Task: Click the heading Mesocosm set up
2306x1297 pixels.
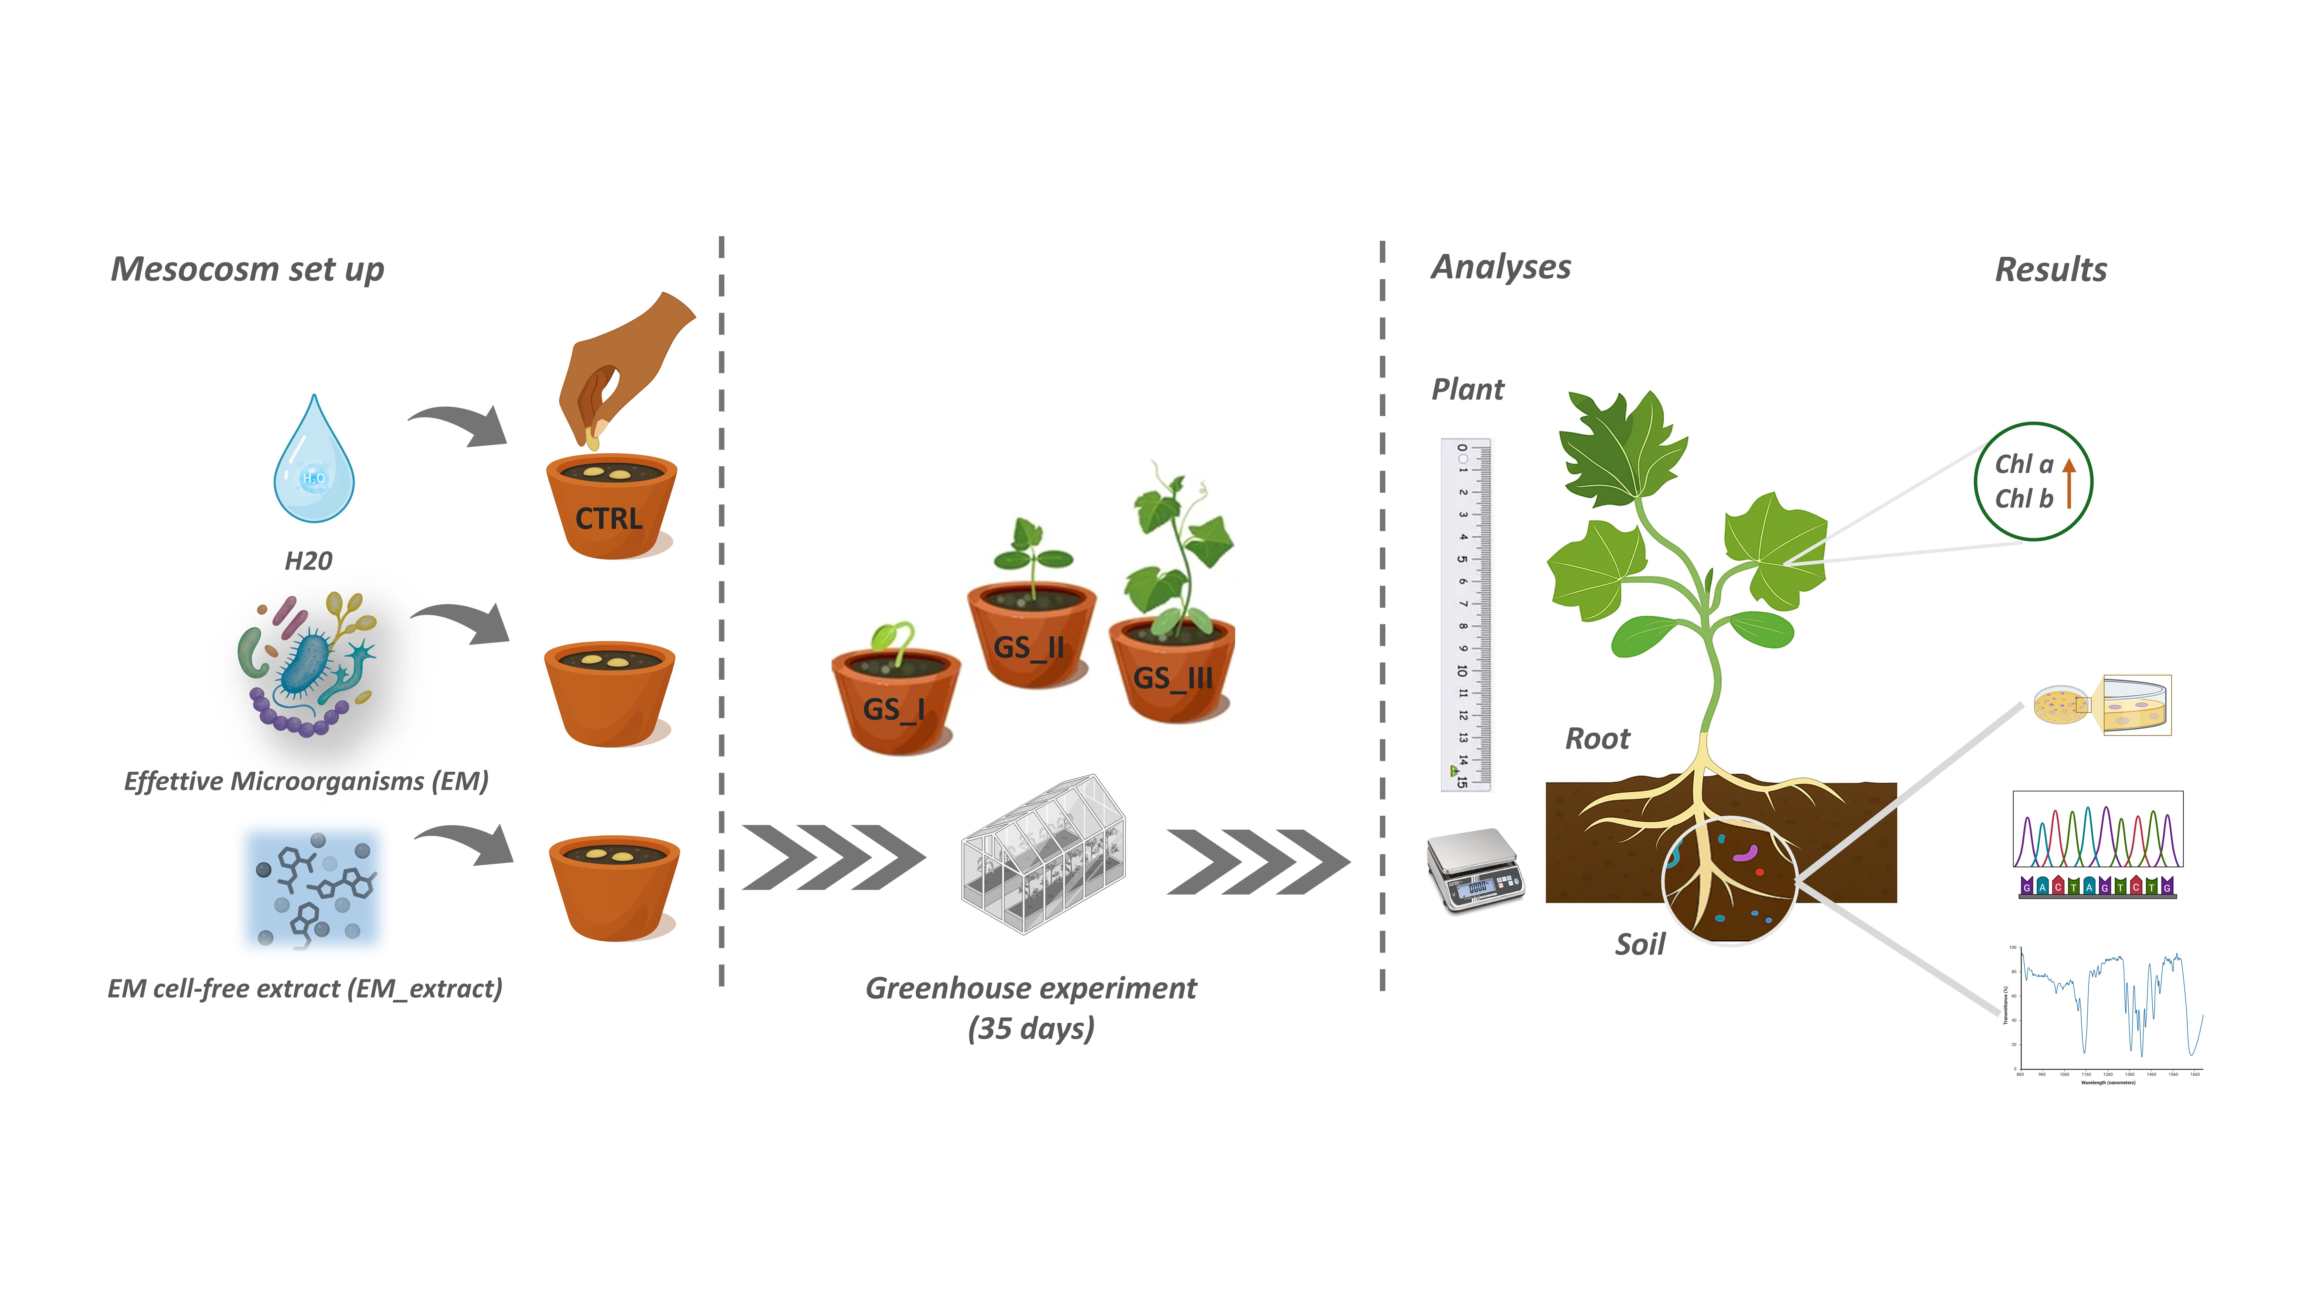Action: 247,269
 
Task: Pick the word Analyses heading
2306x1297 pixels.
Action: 1501,267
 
